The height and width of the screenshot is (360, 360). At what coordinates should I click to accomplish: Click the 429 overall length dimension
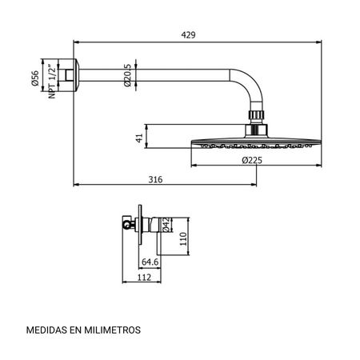(188, 35)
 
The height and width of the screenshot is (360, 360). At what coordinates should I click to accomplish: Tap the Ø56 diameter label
(35, 78)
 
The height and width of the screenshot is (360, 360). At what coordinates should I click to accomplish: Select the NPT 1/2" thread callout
(52, 81)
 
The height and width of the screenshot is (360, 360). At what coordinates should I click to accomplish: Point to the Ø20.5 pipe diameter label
(127, 75)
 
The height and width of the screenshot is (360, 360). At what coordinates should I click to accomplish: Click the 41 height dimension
(139, 138)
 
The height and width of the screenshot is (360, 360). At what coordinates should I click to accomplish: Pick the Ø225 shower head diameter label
(252, 160)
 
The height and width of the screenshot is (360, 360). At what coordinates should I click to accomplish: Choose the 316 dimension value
(155, 179)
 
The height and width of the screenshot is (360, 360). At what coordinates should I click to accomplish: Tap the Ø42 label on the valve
(166, 225)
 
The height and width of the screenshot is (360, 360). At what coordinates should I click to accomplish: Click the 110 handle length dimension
(183, 238)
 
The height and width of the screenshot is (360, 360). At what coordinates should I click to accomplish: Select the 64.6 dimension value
(150, 262)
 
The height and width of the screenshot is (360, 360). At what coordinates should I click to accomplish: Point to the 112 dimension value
(144, 278)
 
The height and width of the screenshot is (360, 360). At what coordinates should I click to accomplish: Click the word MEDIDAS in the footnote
(46, 330)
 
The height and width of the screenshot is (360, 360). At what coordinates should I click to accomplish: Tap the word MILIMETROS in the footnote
(113, 330)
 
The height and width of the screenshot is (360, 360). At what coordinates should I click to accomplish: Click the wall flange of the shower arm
(76, 75)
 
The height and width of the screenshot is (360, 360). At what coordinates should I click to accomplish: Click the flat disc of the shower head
(256, 142)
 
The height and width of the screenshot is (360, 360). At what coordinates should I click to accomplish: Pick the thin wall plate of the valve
(140, 225)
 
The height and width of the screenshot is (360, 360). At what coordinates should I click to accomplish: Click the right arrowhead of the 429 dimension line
(318, 42)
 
